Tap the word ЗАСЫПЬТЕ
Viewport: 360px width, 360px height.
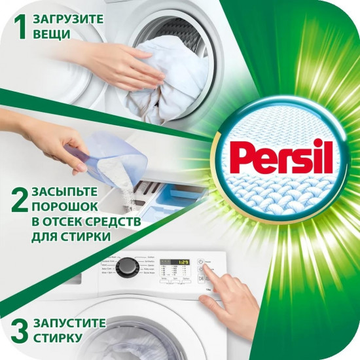pyautogui.click(x=67, y=192)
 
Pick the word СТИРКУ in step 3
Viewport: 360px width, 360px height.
pyautogui.click(x=60, y=340)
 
